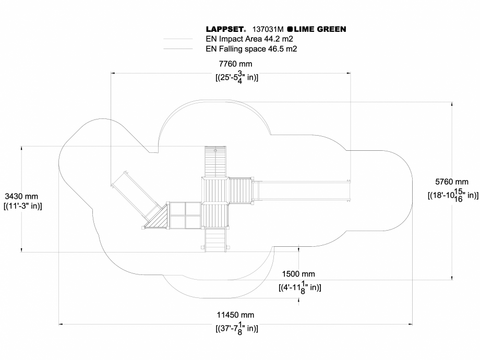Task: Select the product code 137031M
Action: (268, 29)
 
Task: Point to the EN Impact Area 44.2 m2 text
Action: (249, 39)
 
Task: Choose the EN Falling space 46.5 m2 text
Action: (251, 49)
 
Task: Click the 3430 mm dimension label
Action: (21, 196)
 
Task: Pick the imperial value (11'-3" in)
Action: (22, 206)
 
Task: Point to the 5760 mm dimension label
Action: (452, 182)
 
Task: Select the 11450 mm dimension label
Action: (235, 315)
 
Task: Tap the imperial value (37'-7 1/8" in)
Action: (236, 328)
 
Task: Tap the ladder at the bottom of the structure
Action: (215, 240)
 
